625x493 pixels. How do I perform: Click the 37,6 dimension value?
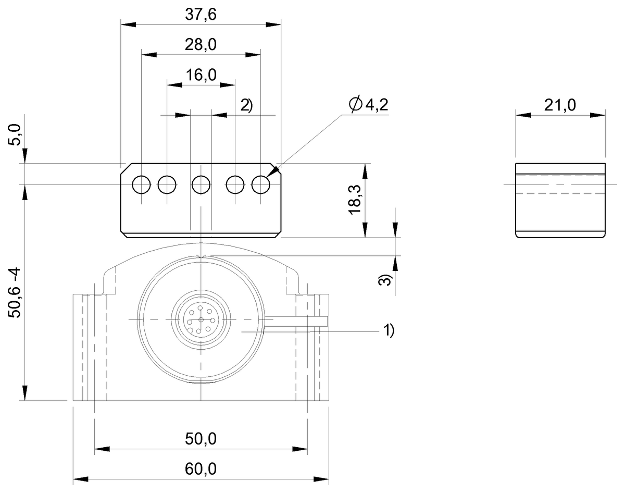click(201, 15)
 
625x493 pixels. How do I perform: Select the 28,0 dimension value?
click(201, 45)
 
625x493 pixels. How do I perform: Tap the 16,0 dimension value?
click(201, 75)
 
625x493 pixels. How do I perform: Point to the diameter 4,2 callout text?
click(369, 105)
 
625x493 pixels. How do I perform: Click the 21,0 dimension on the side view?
click(560, 105)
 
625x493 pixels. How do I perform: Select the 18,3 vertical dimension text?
click(355, 201)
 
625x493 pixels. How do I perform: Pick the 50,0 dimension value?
click(201, 439)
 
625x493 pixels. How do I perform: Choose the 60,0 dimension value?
click(201, 469)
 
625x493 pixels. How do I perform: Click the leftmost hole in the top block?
click(141, 184)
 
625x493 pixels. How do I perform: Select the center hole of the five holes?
click(201, 184)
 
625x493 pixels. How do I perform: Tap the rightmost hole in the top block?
click(260, 184)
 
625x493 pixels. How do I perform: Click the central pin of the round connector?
click(201, 319)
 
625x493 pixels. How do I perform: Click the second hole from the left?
click(167, 184)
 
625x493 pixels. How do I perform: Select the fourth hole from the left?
click(235, 184)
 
